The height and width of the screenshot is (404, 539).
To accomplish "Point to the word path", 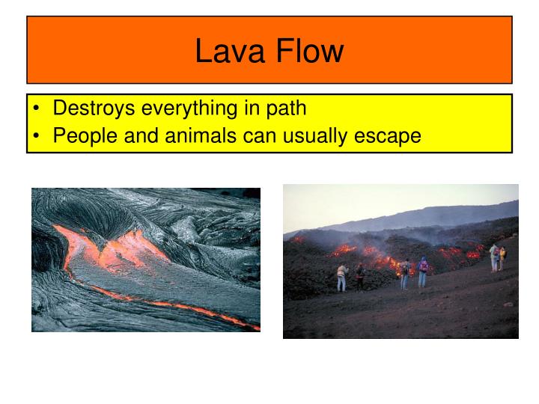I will pos(284,108).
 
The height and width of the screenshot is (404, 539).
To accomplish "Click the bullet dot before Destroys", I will pos(36,109).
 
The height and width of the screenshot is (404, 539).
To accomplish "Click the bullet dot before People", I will pos(36,138).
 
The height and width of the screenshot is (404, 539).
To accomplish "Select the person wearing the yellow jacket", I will pos(494,257).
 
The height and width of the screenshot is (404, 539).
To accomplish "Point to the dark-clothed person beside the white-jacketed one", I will pos(359,276).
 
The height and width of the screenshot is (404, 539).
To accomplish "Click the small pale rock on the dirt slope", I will pos(508,304).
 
